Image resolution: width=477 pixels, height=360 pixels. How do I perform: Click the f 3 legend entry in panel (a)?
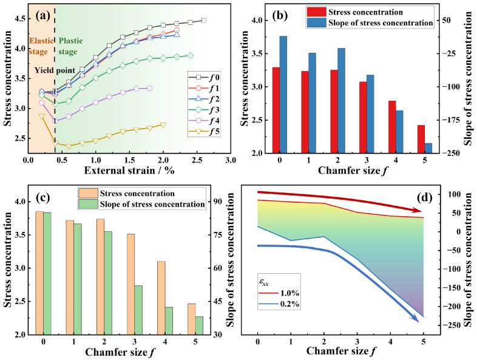click(x=204, y=110)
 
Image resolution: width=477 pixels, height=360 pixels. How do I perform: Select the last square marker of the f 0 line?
click(x=204, y=21)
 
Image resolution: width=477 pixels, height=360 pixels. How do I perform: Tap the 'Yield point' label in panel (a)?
click(x=55, y=70)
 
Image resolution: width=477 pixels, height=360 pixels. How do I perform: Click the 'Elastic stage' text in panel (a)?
click(x=41, y=46)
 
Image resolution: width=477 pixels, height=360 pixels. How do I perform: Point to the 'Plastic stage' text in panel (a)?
click(x=70, y=46)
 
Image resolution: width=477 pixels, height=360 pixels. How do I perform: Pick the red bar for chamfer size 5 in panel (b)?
click(x=421, y=139)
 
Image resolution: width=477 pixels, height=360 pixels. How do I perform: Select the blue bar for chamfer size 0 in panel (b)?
click(x=283, y=94)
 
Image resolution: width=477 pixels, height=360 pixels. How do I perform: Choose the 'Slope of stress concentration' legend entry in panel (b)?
click(x=370, y=23)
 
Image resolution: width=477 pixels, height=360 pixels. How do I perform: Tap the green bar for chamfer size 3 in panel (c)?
click(x=138, y=310)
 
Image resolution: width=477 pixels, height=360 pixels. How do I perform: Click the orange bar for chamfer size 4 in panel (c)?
click(x=161, y=298)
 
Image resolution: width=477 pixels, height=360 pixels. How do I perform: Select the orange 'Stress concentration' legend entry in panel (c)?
click(x=127, y=194)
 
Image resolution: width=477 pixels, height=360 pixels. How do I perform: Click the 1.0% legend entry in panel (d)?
click(x=279, y=293)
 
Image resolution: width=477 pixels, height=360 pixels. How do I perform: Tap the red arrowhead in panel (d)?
click(x=418, y=210)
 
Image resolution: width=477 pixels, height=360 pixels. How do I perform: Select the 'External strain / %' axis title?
click(x=129, y=170)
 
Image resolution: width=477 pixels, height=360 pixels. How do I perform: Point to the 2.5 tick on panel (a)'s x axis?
click(x=197, y=160)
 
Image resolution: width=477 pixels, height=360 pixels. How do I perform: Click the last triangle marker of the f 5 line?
click(x=163, y=125)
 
